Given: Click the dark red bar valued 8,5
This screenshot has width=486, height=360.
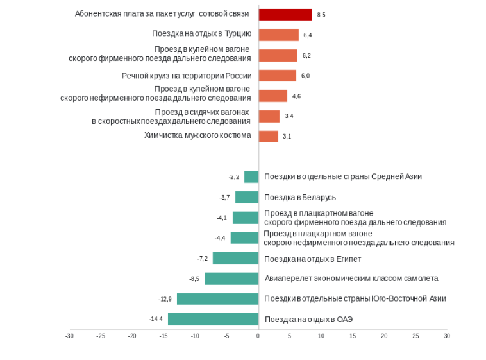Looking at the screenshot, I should [285, 14].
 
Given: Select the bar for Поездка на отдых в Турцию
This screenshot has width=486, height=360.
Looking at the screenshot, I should [278, 35].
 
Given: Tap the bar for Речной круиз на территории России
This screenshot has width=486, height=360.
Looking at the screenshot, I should [277, 76].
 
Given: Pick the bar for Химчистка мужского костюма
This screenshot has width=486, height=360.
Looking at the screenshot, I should [268, 136].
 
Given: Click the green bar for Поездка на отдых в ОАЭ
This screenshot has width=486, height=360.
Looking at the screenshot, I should [213, 319].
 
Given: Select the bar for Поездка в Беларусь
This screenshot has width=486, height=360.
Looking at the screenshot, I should [246, 197].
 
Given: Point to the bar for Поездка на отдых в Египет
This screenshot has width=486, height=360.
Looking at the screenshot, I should [235, 258].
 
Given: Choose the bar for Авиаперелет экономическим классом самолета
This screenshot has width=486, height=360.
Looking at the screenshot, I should [231, 279].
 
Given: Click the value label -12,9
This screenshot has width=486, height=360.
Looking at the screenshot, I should [165, 299].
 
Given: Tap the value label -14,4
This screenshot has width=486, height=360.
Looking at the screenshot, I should [156, 319].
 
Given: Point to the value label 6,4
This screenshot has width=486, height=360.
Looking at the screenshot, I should [308, 35].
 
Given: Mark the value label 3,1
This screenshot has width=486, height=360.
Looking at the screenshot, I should [287, 137].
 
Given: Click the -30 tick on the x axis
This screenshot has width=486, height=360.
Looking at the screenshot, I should [69, 336].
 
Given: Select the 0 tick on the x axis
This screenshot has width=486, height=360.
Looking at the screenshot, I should [258, 336].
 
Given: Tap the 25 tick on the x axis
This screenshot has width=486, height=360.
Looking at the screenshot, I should [415, 336].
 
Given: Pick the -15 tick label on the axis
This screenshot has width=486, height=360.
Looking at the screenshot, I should [163, 336].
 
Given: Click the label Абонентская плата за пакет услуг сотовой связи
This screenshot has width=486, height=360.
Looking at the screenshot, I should [163, 14].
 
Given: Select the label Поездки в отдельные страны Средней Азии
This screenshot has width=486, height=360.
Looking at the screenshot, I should [343, 176].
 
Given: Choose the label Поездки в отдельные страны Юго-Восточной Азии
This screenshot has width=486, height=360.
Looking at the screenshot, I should [355, 298].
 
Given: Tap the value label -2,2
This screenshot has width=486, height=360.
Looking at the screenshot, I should [233, 177].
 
